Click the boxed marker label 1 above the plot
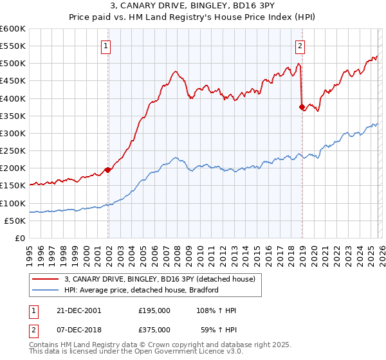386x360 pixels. coord(106,46)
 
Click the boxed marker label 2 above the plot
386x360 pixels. coord(300,46)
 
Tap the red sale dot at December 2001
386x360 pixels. coord(108,170)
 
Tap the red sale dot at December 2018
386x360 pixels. coord(302,107)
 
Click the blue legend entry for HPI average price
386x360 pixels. coord(142,290)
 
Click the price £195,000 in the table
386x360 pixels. coord(154,310)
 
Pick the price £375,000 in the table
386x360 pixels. coord(154,332)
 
